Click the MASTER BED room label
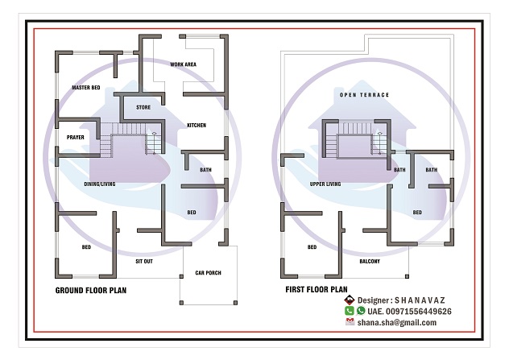tap(85, 87)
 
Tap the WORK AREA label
tap(184, 64)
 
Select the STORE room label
tap(143, 106)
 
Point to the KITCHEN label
tap(197, 126)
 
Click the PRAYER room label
tap(76, 137)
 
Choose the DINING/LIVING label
tap(100, 184)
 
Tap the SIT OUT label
tap(144, 262)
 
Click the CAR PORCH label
tap(208, 273)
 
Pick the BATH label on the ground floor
tap(205, 170)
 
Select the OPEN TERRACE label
tap(364, 95)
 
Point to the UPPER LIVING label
tap(325, 184)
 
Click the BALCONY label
tap(370, 262)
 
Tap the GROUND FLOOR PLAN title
tap(90, 290)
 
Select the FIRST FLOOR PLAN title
tap(316, 289)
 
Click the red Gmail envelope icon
tap(350, 321)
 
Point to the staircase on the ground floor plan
tap(129, 137)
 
